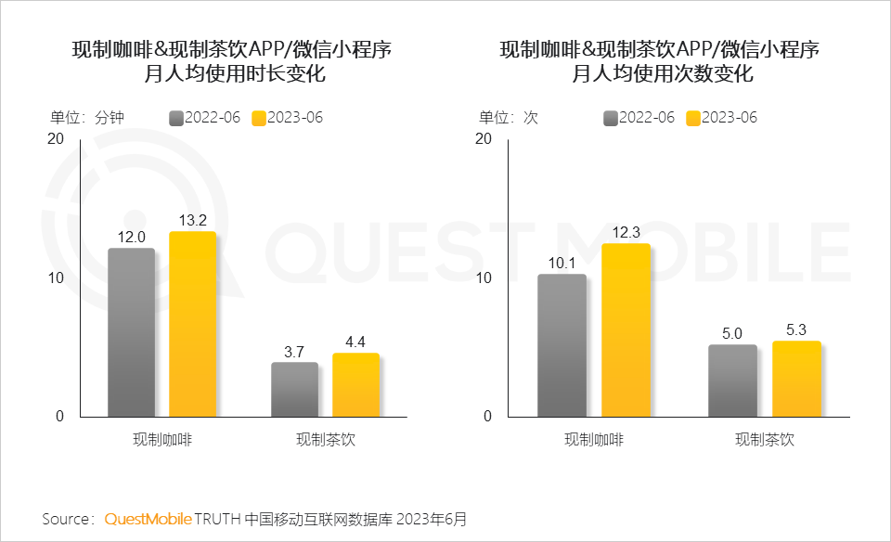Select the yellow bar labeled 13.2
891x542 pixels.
click(192, 324)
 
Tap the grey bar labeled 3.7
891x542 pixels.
click(294, 390)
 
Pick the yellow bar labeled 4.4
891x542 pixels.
click(355, 385)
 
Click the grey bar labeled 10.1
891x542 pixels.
click(562, 345)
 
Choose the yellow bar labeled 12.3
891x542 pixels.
click(626, 330)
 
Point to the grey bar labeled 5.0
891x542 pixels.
click(732, 381)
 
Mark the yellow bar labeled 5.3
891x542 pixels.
click(796, 379)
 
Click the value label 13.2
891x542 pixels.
click(192, 220)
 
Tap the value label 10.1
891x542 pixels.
click(562, 263)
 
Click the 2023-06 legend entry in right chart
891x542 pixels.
click(721, 118)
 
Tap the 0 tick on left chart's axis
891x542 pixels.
click(59, 417)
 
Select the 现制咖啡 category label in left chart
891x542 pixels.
click(162, 440)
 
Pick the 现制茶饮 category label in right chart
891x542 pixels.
click(765, 440)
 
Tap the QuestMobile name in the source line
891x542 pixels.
click(148, 518)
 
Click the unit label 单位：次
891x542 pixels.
click(508, 118)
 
